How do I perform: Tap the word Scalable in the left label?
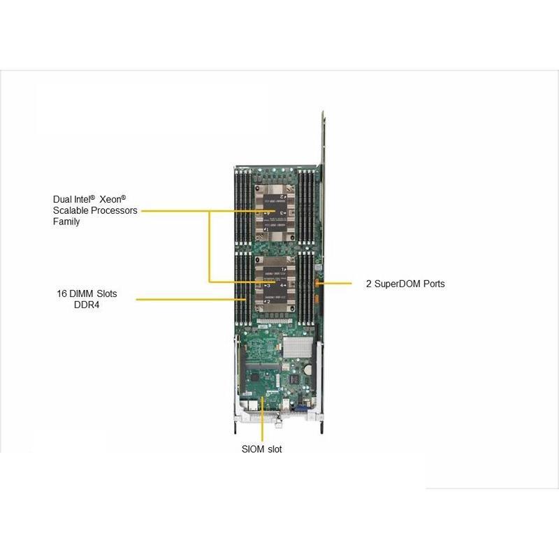(70, 210)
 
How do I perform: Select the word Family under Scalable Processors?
(66, 222)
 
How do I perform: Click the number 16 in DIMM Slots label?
(62, 293)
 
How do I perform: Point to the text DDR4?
(87, 305)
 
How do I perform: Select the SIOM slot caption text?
(262, 449)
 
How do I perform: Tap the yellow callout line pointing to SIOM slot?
(262, 419)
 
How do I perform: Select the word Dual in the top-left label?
(62, 199)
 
